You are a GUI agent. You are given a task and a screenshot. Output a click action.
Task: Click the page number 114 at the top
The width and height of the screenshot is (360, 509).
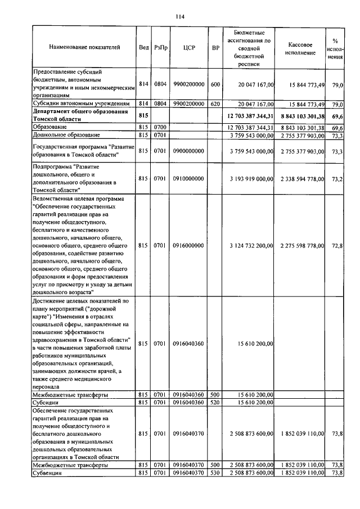pyautogui.click(x=180, y=17)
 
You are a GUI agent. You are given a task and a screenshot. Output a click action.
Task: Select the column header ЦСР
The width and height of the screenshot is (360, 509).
pyautogui.click(x=188, y=48)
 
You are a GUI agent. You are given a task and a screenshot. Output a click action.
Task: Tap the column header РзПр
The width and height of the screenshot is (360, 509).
pyautogui.click(x=160, y=48)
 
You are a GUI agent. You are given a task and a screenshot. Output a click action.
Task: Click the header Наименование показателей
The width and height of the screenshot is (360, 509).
pyautogui.click(x=84, y=48)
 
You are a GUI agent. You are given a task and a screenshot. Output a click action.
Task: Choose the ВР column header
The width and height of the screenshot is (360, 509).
pyautogui.click(x=215, y=48)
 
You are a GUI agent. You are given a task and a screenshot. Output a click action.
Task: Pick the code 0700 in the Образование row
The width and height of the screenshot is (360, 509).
pyautogui.click(x=160, y=128)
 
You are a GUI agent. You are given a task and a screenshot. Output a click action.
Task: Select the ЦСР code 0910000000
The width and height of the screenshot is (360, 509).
pyautogui.click(x=188, y=179)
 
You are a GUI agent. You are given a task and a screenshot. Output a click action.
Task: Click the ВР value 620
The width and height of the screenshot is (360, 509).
pyautogui.click(x=215, y=105)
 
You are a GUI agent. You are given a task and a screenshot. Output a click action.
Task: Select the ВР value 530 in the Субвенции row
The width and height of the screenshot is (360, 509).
pyautogui.click(x=215, y=473)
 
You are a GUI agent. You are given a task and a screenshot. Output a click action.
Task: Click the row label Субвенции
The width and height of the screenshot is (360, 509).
pyautogui.click(x=46, y=473)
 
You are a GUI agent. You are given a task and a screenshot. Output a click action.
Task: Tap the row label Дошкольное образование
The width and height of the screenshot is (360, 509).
pyautogui.click(x=66, y=135)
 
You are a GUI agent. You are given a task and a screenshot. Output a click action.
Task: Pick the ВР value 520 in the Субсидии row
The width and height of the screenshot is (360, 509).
pyautogui.click(x=215, y=403)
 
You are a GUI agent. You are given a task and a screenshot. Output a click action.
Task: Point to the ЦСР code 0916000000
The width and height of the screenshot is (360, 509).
pyautogui.click(x=188, y=246)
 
